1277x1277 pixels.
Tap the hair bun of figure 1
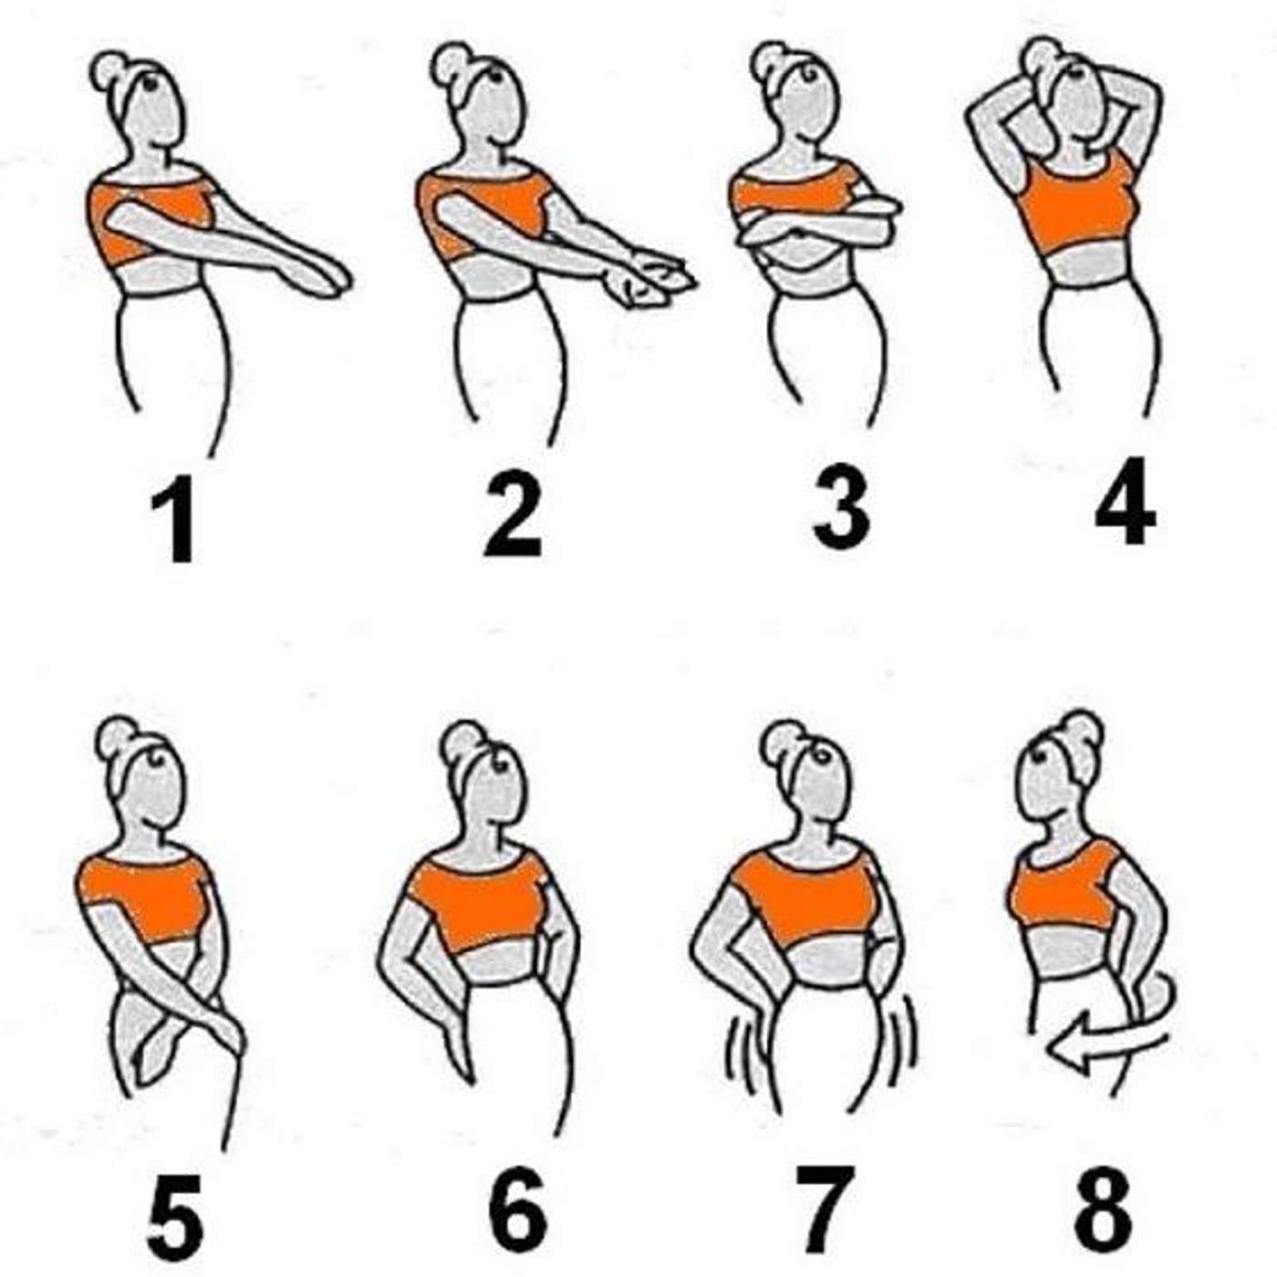click(109, 72)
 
